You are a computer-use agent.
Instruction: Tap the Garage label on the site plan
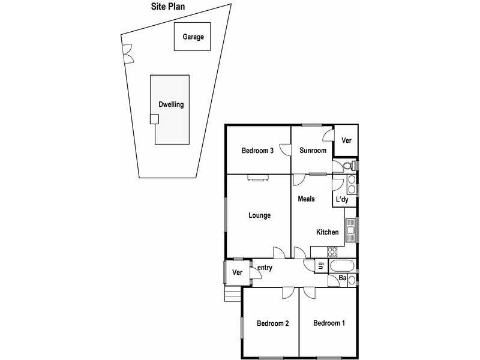pyautogui.click(x=193, y=37)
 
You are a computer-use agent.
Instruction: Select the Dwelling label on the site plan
pyautogui.click(x=171, y=104)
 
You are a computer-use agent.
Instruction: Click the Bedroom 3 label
pyautogui.click(x=257, y=151)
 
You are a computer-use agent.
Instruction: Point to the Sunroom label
pyautogui.click(x=313, y=151)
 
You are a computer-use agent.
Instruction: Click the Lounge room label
pyautogui.click(x=259, y=215)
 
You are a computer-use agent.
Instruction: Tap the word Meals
pyautogui.click(x=306, y=199)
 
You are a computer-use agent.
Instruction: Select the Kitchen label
pyautogui.click(x=328, y=232)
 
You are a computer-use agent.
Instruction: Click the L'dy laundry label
pyautogui.click(x=342, y=199)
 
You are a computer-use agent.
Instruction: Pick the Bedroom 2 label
pyautogui.click(x=273, y=323)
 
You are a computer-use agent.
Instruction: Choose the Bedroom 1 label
pyautogui.click(x=329, y=323)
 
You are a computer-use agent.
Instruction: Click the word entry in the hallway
pyautogui.click(x=265, y=268)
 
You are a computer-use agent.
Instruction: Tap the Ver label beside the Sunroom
pyautogui.click(x=346, y=140)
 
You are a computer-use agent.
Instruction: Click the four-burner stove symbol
pyautogui.click(x=332, y=251)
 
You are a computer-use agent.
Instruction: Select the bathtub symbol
pyautogui.click(x=342, y=266)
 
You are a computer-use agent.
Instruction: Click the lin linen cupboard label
pyautogui.click(x=320, y=266)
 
